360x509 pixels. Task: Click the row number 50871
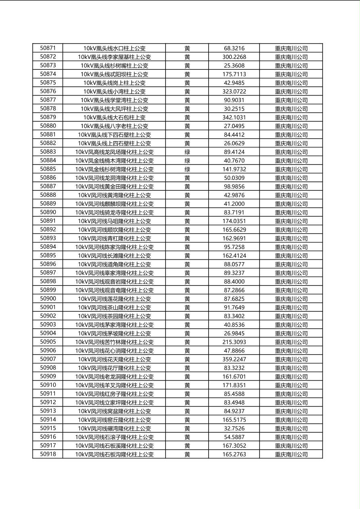[x=48, y=48]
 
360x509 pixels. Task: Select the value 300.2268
[x=234, y=57]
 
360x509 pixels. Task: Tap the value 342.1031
[x=234, y=117]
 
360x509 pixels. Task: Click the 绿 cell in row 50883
[x=187, y=152]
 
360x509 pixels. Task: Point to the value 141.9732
[x=234, y=169]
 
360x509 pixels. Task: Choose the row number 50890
[x=48, y=212]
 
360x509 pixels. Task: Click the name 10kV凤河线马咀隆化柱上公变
[x=114, y=221]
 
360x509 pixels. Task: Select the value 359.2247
[x=234, y=359]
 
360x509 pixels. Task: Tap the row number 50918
[x=48, y=454]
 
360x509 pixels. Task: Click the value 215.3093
[x=234, y=342]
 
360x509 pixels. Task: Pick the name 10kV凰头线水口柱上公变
[x=114, y=48]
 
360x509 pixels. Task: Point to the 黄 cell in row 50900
[x=187, y=299]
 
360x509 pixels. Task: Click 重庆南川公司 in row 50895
[x=291, y=256]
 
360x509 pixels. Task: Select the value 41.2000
[x=234, y=204]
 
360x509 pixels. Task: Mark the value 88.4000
[x=234, y=282]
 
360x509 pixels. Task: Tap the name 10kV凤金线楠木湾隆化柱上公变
[x=114, y=161]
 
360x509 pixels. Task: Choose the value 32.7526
[x=234, y=428]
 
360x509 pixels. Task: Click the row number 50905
[x=48, y=342]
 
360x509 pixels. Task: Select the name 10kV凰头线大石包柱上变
[x=114, y=117]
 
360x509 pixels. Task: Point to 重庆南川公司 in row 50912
[x=291, y=403]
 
